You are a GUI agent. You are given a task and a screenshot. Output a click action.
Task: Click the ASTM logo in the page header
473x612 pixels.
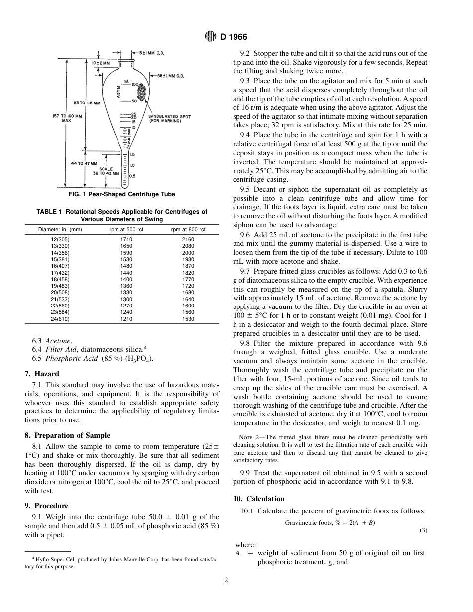pos(211,36)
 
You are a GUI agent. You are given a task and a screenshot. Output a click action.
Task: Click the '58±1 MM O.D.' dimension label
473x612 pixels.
pos(171,76)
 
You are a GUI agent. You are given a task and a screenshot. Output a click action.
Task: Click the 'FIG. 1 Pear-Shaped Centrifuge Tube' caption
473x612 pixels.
pos(121,194)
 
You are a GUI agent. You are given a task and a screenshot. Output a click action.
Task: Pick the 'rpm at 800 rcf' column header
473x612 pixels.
pos(188,229)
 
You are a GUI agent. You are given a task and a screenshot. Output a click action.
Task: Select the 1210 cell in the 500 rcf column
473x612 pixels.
pos(126,319)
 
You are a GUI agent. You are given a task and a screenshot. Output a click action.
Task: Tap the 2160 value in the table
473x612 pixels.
pos(188,239)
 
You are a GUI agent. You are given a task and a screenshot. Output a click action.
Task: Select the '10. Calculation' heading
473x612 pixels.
pos(259,499)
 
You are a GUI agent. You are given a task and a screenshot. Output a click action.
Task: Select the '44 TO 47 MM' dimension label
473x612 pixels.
pos(84,163)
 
